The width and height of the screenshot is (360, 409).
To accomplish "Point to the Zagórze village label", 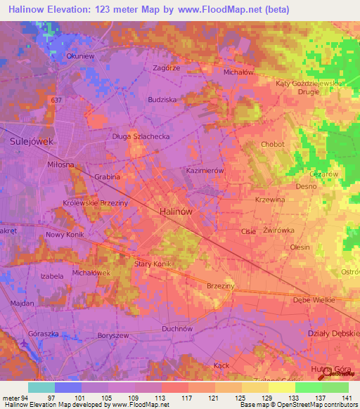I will tap(167, 68).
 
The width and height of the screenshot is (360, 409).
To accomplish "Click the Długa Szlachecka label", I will tap(141, 138).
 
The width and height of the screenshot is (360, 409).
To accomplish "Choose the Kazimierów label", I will tap(205, 171).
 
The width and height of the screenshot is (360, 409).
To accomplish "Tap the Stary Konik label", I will tap(153, 264).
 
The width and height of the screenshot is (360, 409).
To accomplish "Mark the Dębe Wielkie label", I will tap(314, 299).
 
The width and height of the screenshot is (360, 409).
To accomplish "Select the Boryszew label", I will tap(94, 336).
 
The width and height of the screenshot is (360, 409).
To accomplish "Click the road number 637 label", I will tap(56, 100).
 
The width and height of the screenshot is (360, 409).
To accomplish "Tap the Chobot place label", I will tap(272, 144).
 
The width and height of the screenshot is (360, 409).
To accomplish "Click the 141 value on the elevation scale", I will tap(346, 397).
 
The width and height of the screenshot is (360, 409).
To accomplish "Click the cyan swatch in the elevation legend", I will tap(41, 387).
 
